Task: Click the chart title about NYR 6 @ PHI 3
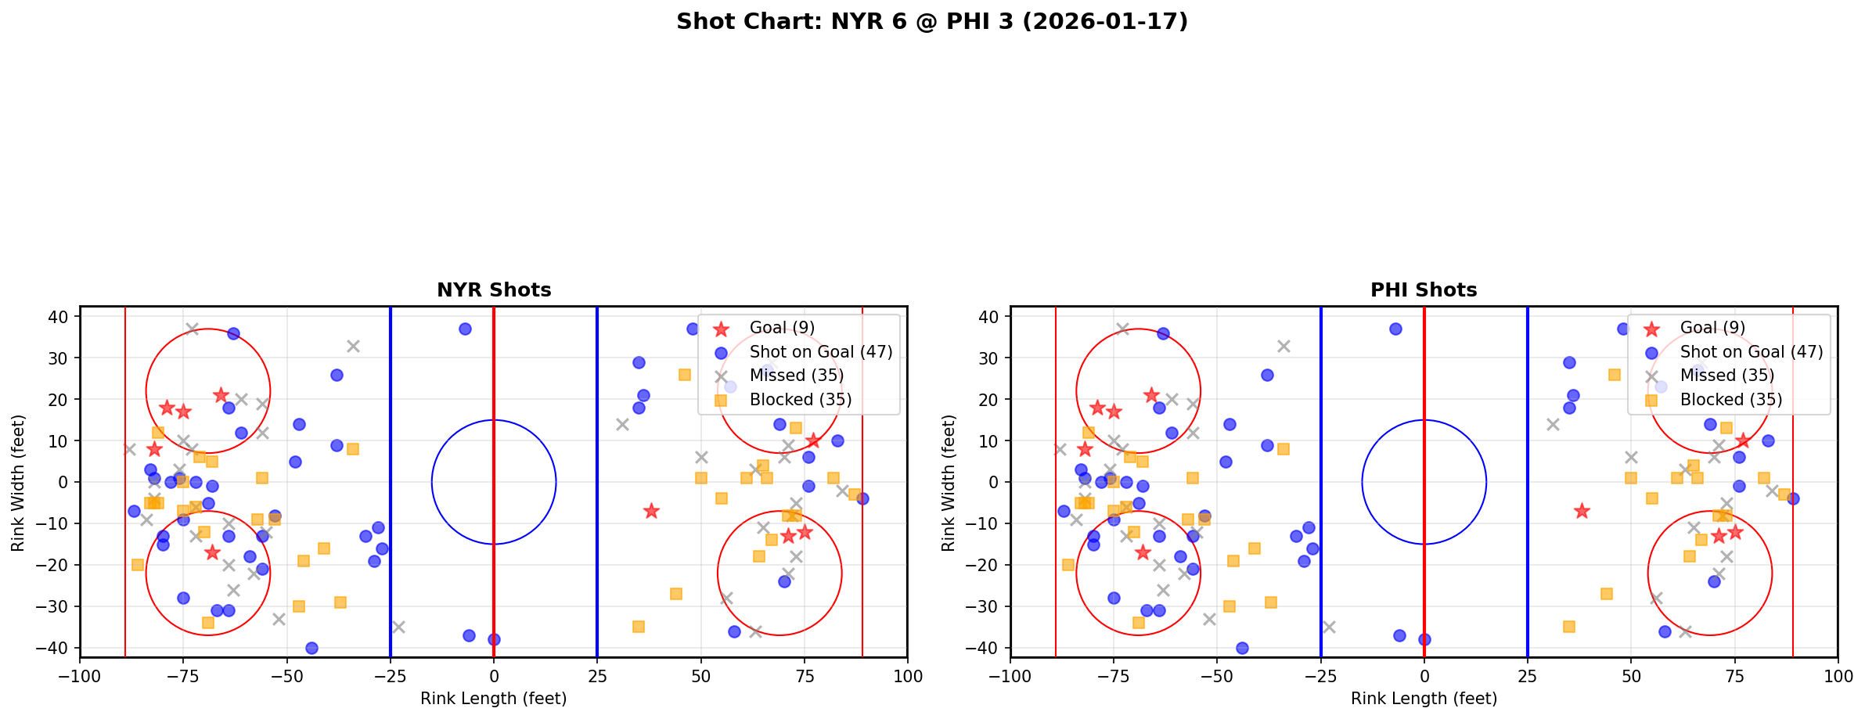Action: (x=931, y=22)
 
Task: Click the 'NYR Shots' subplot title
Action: (x=494, y=290)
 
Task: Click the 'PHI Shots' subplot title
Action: (x=1424, y=290)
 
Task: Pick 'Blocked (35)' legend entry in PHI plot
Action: (x=1730, y=400)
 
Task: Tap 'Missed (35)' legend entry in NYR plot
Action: (x=796, y=376)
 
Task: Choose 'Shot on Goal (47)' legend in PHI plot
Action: (x=1751, y=352)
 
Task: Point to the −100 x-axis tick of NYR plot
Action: (x=80, y=676)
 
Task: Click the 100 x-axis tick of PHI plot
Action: (x=1837, y=676)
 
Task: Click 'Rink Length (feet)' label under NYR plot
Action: (x=494, y=699)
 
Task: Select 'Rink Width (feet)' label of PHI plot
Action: (x=949, y=483)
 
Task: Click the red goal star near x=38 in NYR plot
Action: (x=651, y=511)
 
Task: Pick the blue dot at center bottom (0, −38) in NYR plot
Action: (x=494, y=639)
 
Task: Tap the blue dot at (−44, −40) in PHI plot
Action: (x=1242, y=648)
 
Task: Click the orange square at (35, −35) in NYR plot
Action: (x=639, y=627)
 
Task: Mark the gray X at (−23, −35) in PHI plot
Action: (x=1329, y=627)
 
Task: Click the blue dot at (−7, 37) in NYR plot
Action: (x=465, y=329)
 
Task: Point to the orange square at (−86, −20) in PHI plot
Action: (x=1068, y=565)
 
